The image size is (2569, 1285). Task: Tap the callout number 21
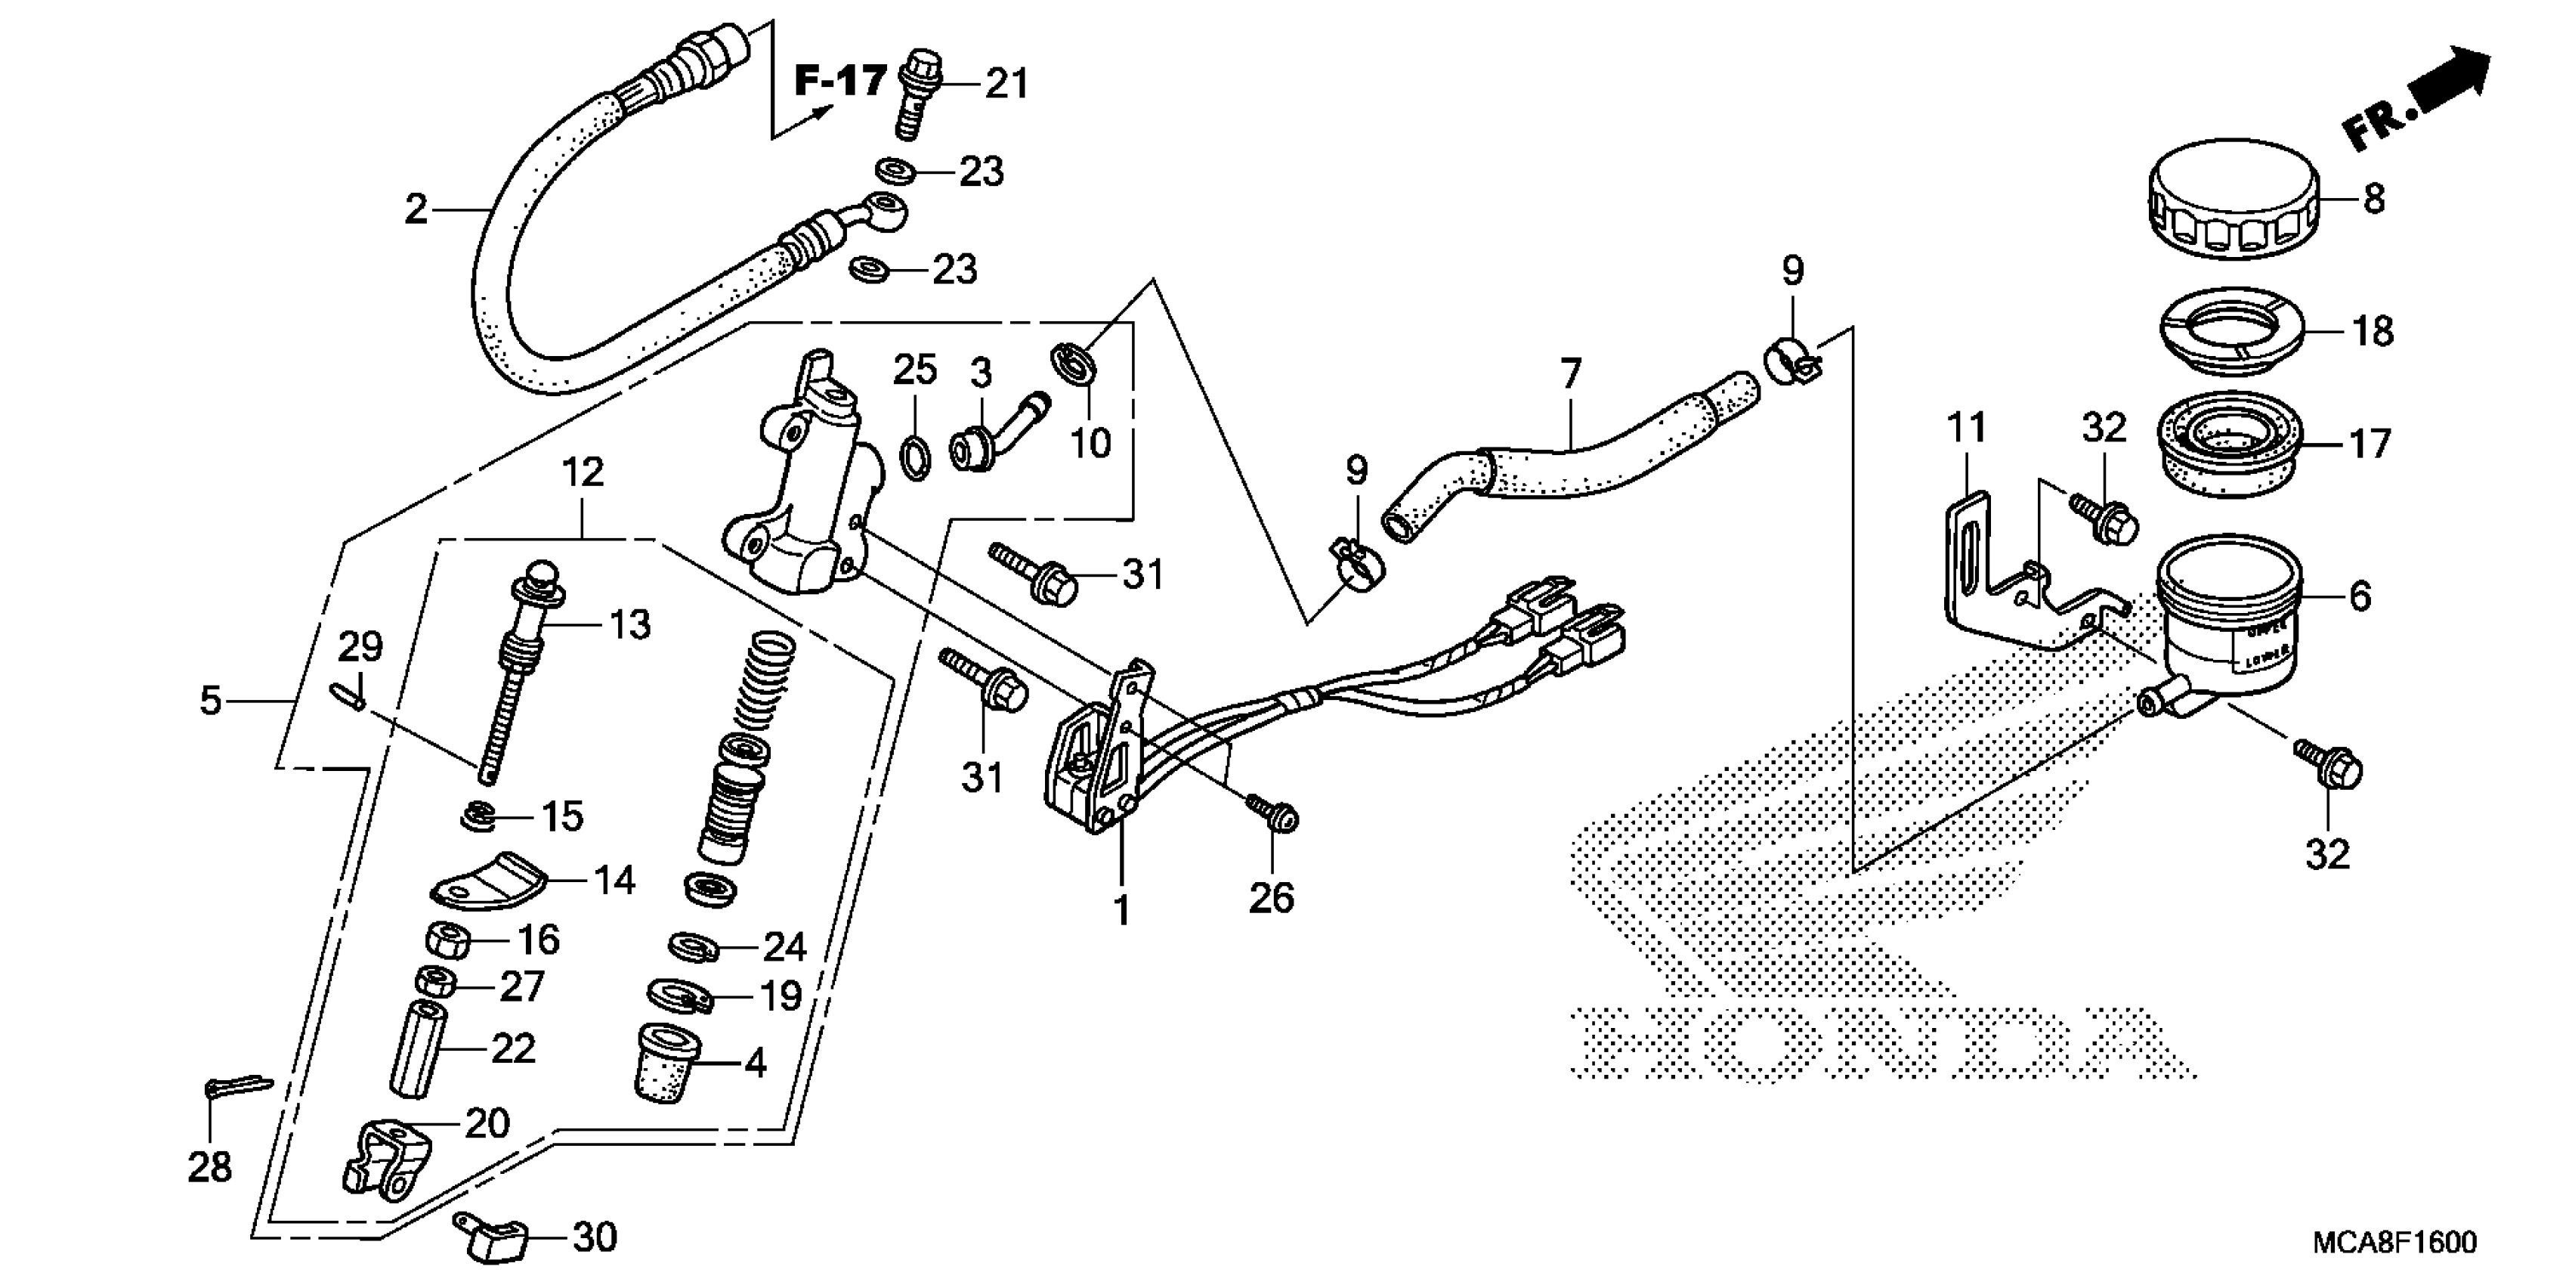tap(1006, 84)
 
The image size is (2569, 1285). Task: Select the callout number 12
tap(583, 472)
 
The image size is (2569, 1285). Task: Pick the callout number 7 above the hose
tap(1571, 374)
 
